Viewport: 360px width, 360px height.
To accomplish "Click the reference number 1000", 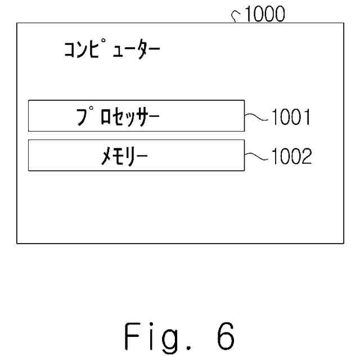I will [x=264, y=14].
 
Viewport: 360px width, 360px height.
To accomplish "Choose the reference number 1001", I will [x=291, y=118].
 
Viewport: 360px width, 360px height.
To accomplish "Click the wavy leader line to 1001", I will [x=257, y=116].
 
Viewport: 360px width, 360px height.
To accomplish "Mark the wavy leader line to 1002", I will [x=257, y=156].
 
